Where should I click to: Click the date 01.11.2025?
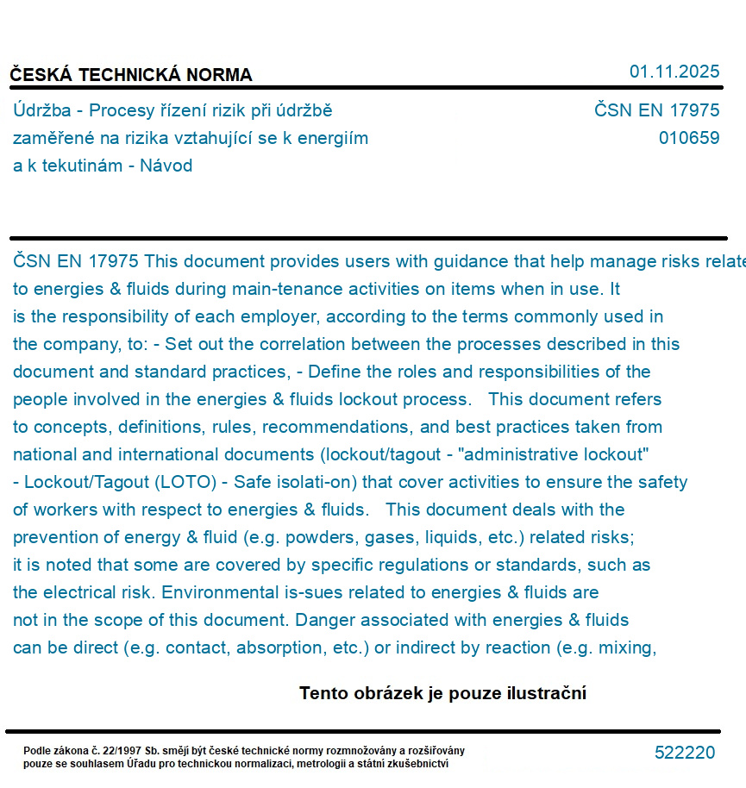[674, 72]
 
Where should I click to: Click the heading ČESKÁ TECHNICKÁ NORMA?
[131, 75]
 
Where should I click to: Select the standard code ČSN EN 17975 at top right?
[656, 110]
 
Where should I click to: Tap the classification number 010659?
[688, 138]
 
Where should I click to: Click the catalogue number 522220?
[685, 753]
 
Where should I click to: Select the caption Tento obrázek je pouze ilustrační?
[442, 693]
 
